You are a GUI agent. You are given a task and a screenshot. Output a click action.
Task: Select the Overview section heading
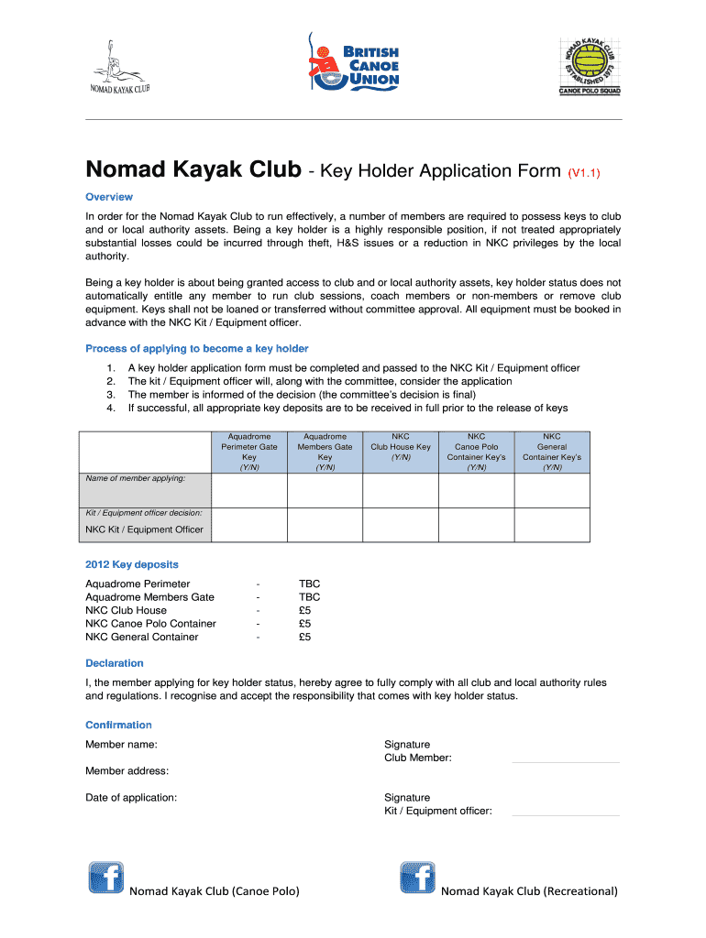tap(109, 197)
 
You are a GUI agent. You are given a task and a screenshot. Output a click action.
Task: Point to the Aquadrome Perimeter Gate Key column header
tap(249, 452)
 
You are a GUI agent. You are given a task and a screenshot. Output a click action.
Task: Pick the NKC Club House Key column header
tap(400, 446)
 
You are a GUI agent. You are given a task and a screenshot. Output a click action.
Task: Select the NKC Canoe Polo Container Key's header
tap(476, 452)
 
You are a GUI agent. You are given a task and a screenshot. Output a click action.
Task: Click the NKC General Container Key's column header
tap(551, 452)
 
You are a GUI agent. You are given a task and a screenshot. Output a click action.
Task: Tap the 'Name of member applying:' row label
tap(136, 478)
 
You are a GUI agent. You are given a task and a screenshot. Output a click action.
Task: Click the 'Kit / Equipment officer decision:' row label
tap(144, 513)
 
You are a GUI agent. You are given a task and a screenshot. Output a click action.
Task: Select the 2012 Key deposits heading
tap(131, 564)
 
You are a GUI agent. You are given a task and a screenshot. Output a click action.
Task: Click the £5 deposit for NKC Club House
tap(305, 610)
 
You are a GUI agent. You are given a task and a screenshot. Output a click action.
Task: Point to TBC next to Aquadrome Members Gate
tap(309, 597)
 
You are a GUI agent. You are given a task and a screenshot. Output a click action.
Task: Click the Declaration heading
tap(115, 663)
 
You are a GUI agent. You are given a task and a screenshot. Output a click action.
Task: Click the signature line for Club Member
tap(565, 761)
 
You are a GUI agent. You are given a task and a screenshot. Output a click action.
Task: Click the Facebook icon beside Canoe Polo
tap(105, 878)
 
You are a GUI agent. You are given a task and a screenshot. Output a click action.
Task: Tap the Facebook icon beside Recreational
tap(418, 878)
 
